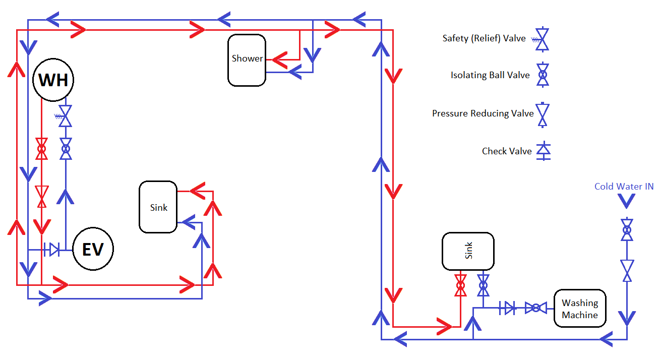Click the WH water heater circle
click(x=53, y=80)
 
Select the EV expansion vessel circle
click(x=93, y=249)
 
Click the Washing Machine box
click(x=580, y=309)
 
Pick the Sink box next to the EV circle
click(x=158, y=207)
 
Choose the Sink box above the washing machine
click(x=468, y=251)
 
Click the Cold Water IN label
click(x=624, y=187)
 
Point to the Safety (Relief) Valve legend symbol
click(x=543, y=39)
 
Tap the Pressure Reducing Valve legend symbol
click(x=543, y=114)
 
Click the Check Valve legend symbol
click(x=543, y=151)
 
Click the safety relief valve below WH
click(x=65, y=116)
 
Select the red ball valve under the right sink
click(x=460, y=285)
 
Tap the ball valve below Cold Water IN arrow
click(x=627, y=230)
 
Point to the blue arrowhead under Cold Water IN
click(x=627, y=201)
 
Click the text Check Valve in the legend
click(x=507, y=151)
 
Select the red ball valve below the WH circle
click(x=42, y=149)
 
